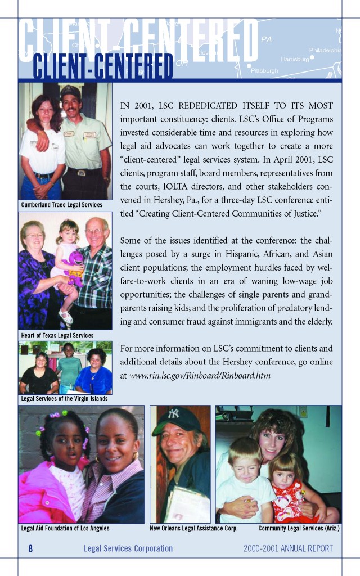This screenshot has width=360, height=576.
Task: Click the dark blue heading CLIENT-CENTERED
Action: [x=103, y=67]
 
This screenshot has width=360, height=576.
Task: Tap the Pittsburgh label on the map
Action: [x=264, y=71]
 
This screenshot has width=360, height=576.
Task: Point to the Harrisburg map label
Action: [x=294, y=59]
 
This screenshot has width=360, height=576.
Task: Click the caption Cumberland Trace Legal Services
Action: [x=62, y=205]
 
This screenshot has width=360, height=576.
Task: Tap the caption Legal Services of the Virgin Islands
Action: [x=64, y=399]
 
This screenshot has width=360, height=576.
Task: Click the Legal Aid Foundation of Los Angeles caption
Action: [x=65, y=529]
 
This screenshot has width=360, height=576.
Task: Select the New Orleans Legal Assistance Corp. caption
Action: [x=193, y=529]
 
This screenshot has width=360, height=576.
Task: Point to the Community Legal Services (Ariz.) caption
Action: [x=299, y=529]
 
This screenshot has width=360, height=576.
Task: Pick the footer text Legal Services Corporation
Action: [x=128, y=548]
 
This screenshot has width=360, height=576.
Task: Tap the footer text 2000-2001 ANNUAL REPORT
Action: [x=288, y=548]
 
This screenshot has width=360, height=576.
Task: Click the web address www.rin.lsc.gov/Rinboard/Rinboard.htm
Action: [x=200, y=375]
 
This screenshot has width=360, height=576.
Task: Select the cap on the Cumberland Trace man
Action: [x=70, y=91]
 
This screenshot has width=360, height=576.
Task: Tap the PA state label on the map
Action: [x=266, y=39]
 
